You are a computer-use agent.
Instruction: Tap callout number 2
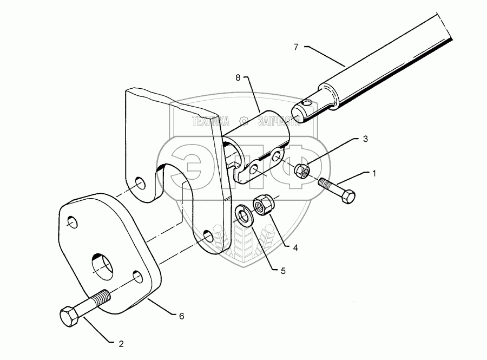pyautogui.click(x=121, y=343)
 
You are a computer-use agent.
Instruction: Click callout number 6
pyautogui.click(x=182, y=316)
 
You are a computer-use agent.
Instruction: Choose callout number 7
pyautogui.click(x=296, y=47)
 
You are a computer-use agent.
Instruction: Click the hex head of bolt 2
pyautogui.click(x=70, y=316)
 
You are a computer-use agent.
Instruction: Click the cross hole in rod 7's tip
pyautogui.click(x=307, y=105)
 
